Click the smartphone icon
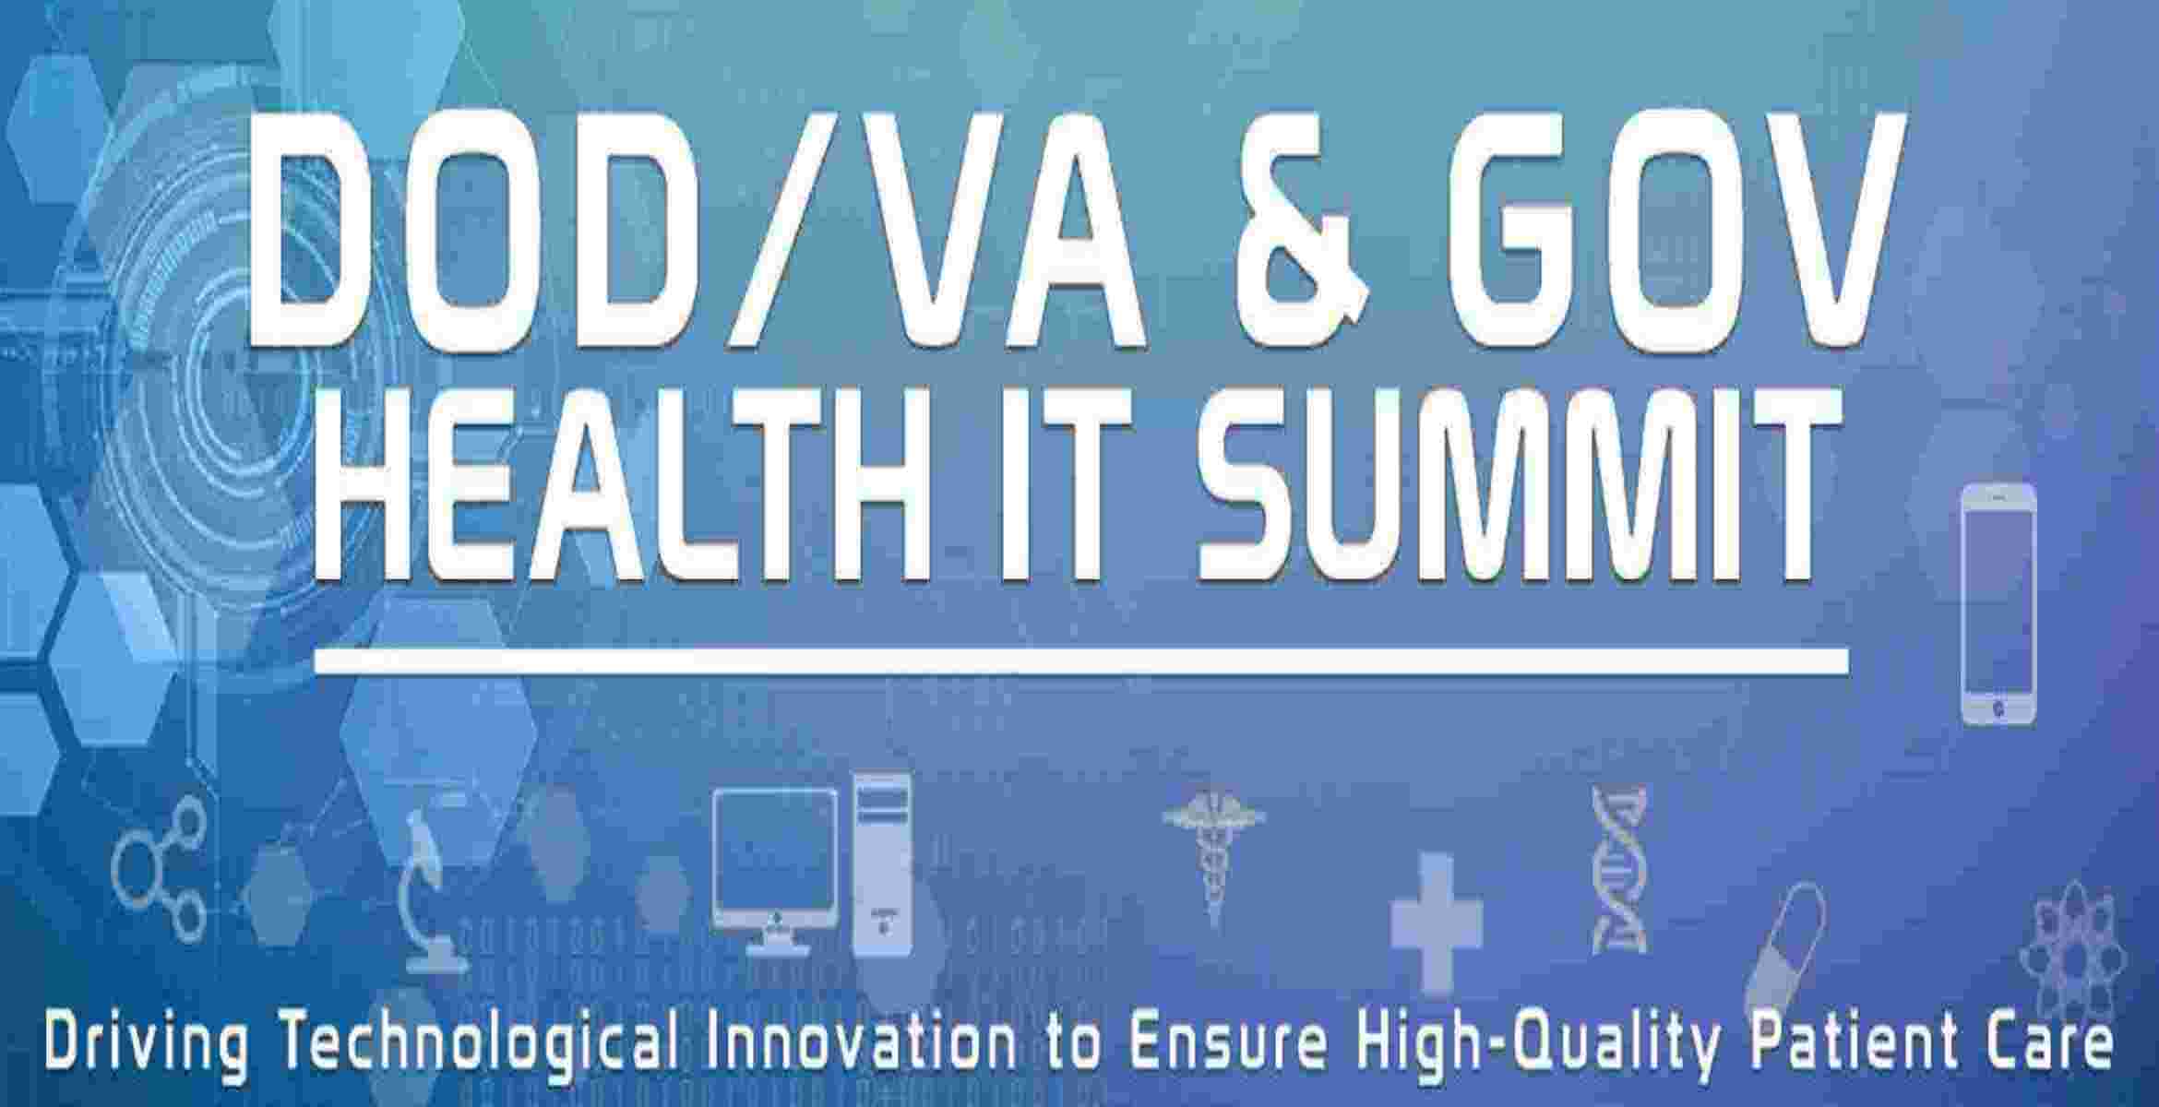[1998, 604]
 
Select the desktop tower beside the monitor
[882, 863]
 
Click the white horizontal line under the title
[1079, 660]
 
